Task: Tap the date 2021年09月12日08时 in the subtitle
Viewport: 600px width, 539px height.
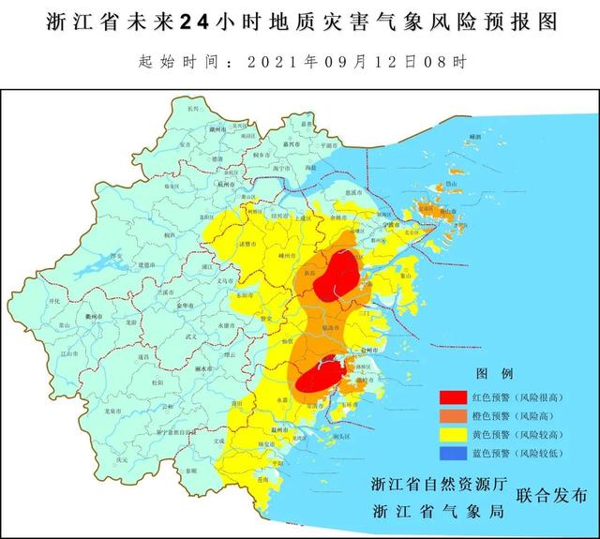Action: click(356, 63)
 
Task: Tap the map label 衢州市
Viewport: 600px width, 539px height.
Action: click(96, 317)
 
